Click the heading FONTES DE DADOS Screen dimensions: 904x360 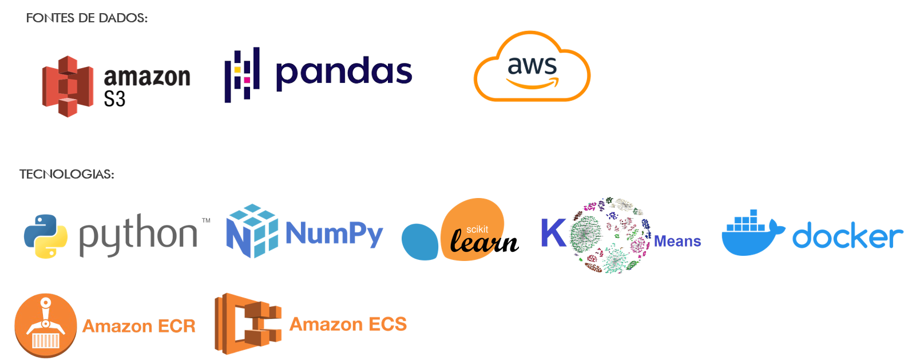tap(87, 18)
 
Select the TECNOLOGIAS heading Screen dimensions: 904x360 tap(67, 175)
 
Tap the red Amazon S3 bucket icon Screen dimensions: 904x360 tap(68, 86)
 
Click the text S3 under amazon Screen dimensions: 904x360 tap(114, 99)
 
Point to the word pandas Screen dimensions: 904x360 tap(344, 73)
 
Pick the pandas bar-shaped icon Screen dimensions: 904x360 tap(242, 75)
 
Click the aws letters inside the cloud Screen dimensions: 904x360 tap(532, 66)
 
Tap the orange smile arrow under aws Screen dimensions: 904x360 tap(533, 83)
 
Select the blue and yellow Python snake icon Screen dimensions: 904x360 tap(46, 236)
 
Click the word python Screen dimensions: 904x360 tap(138, 235)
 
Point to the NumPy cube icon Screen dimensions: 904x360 tap(252, 231)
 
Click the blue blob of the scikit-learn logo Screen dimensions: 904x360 tap(420, 242)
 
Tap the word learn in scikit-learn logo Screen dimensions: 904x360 tap(484, 242)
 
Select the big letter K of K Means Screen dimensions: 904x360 tap(554, 232)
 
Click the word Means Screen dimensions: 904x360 tap(677, 242)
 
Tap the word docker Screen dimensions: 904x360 tap(847, 235)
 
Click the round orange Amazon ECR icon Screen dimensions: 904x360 tap(46, 325)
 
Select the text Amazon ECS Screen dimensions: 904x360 tap(348, 325)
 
